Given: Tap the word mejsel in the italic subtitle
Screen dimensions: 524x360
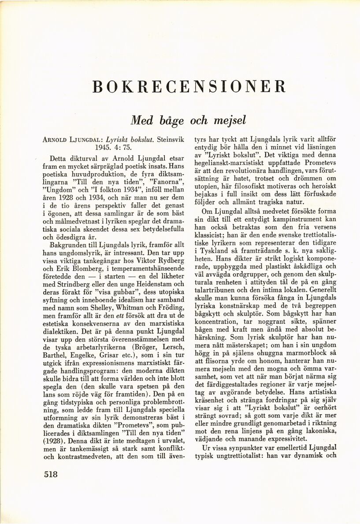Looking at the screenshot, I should (229, 120).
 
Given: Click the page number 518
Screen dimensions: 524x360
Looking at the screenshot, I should (51, 474).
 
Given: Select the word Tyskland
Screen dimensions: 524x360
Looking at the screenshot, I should (220, 250).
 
